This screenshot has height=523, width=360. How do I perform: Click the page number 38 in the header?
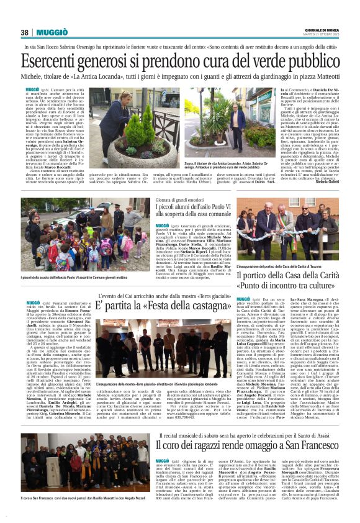click(x=25, y=32)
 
